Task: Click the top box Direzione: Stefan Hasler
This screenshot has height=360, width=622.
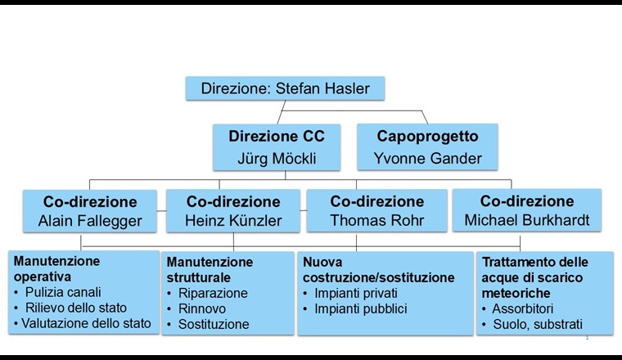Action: (284, 88)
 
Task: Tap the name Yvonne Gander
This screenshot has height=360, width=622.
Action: (427, 158)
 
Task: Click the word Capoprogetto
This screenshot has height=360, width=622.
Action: (427, 136)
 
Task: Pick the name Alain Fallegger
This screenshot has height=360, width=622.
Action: (89, 222)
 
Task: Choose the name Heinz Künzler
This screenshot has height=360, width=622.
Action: (233, 222)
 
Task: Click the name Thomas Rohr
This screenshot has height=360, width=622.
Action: (376, 222)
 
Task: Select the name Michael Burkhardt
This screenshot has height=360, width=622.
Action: (526, 222)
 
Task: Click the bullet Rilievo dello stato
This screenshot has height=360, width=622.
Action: (76, 308)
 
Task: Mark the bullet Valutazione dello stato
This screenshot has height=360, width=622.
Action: (86, 323)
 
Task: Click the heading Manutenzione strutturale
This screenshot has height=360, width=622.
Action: (210, 270)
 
